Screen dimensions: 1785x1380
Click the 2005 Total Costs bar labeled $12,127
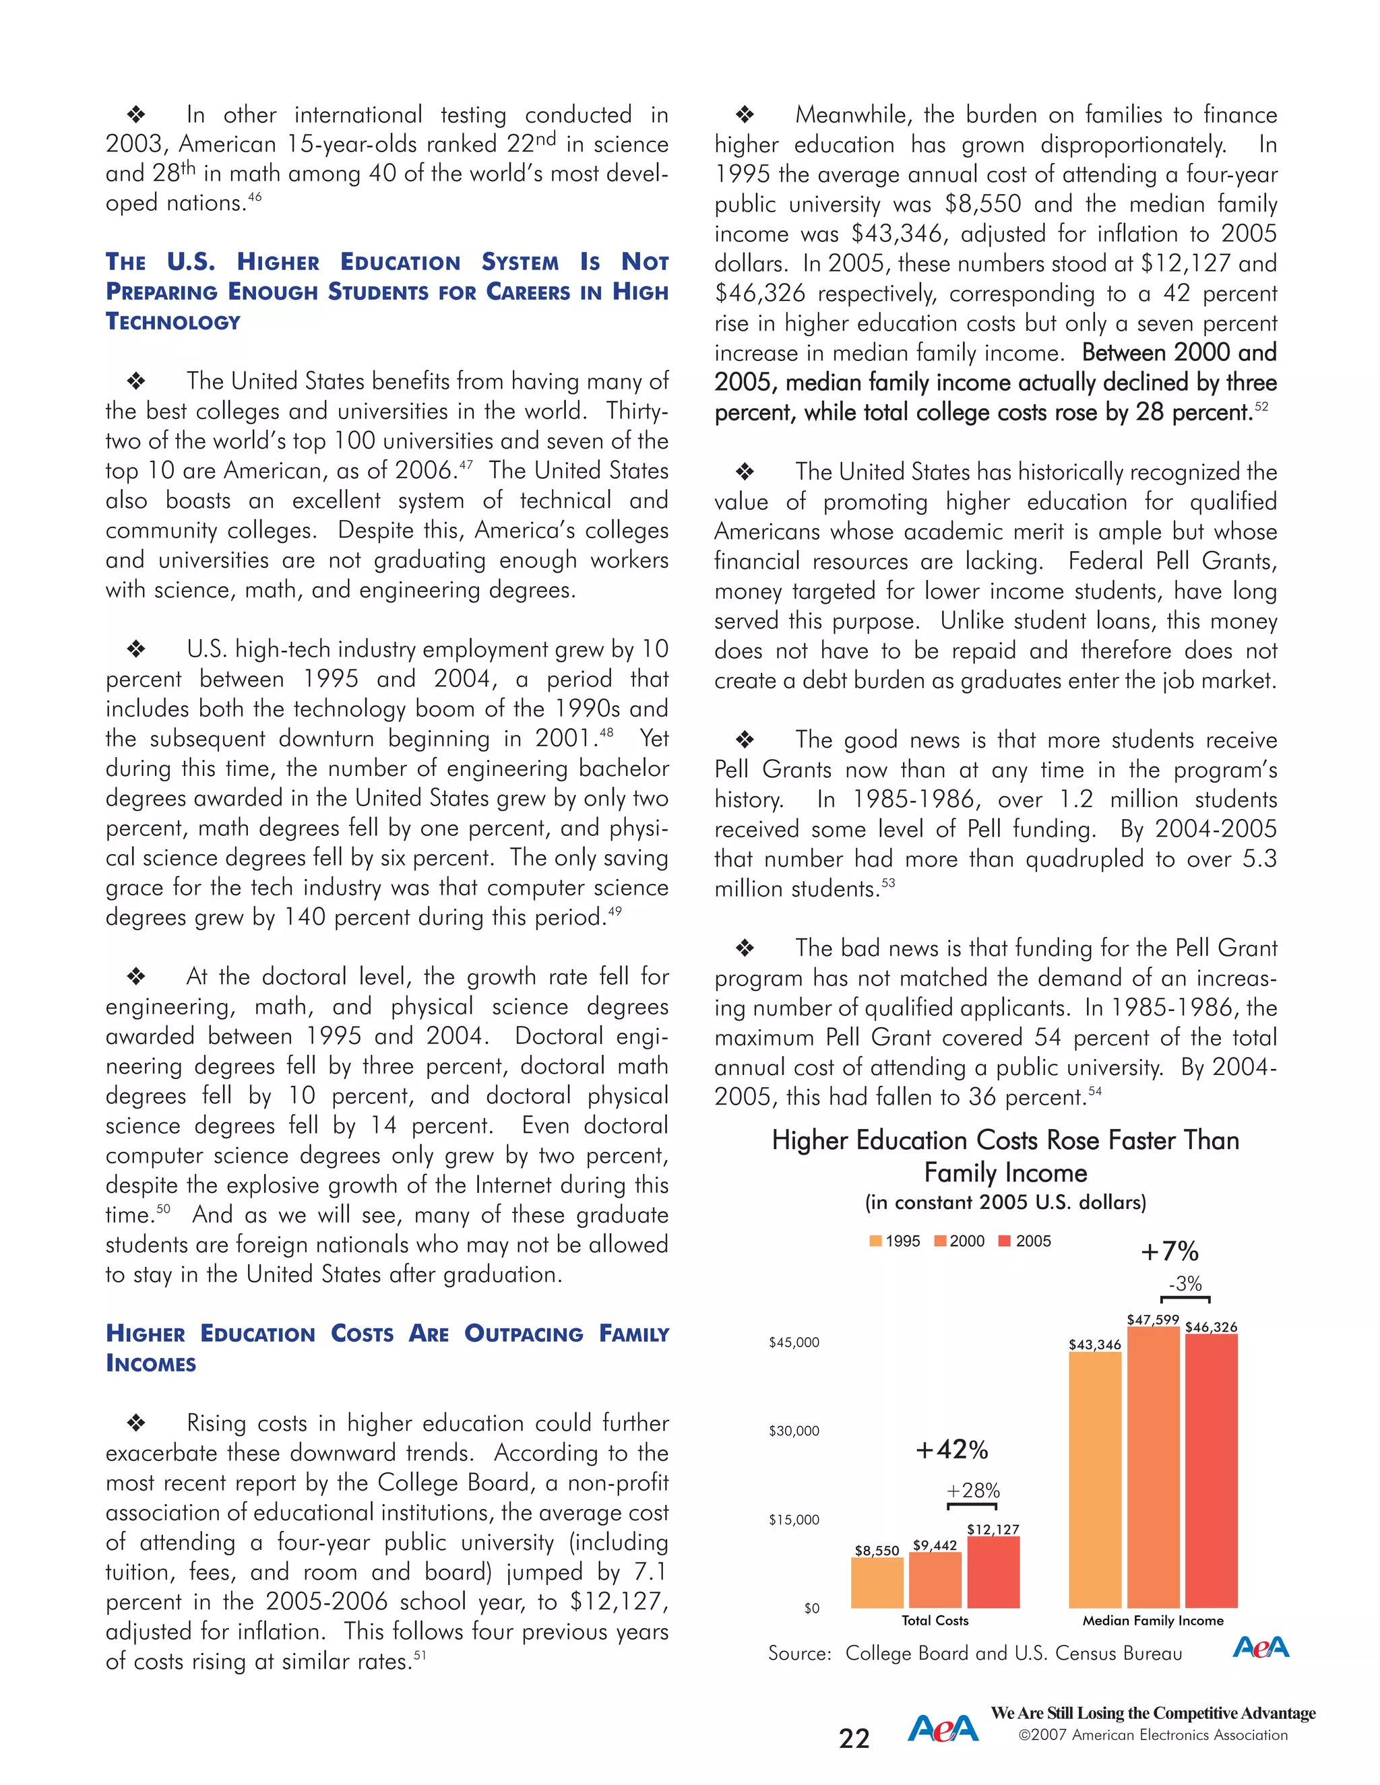tap(993, 1573)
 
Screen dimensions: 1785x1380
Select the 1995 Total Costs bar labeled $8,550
tap(877, 1583)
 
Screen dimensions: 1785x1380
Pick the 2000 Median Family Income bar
tap(1153, 1467)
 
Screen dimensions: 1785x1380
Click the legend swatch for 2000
tap(940, 1241)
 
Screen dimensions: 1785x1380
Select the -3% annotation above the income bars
tap(1185, 1283)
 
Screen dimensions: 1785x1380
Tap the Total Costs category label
tap(935, 1620)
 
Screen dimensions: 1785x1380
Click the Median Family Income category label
tap(1153, 1620)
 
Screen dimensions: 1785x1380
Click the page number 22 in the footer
tap(854, 1739)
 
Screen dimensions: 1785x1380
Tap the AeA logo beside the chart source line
tap(1260, 1647)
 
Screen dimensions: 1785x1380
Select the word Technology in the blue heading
tap(172, 322)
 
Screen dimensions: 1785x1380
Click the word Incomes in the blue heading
tap(151, 1364)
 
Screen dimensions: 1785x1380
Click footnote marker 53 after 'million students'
tap(888, 882)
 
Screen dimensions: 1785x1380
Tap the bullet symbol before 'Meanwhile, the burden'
tap(744, 115)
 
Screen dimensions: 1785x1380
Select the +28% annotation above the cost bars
tap(973, 1490)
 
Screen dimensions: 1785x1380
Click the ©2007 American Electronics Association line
tap(1153, 1735)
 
